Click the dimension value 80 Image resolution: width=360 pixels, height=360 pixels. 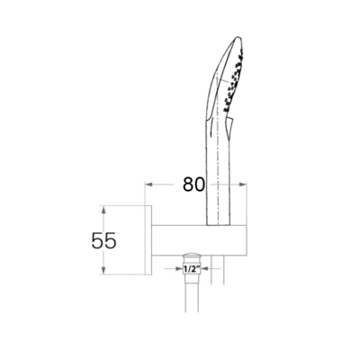coord(191,185)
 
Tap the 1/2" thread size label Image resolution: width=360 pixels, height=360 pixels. coord(192,268)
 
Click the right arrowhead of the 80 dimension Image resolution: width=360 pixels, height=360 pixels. coord(246,185)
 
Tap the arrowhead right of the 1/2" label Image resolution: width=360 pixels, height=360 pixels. coord(204,268)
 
